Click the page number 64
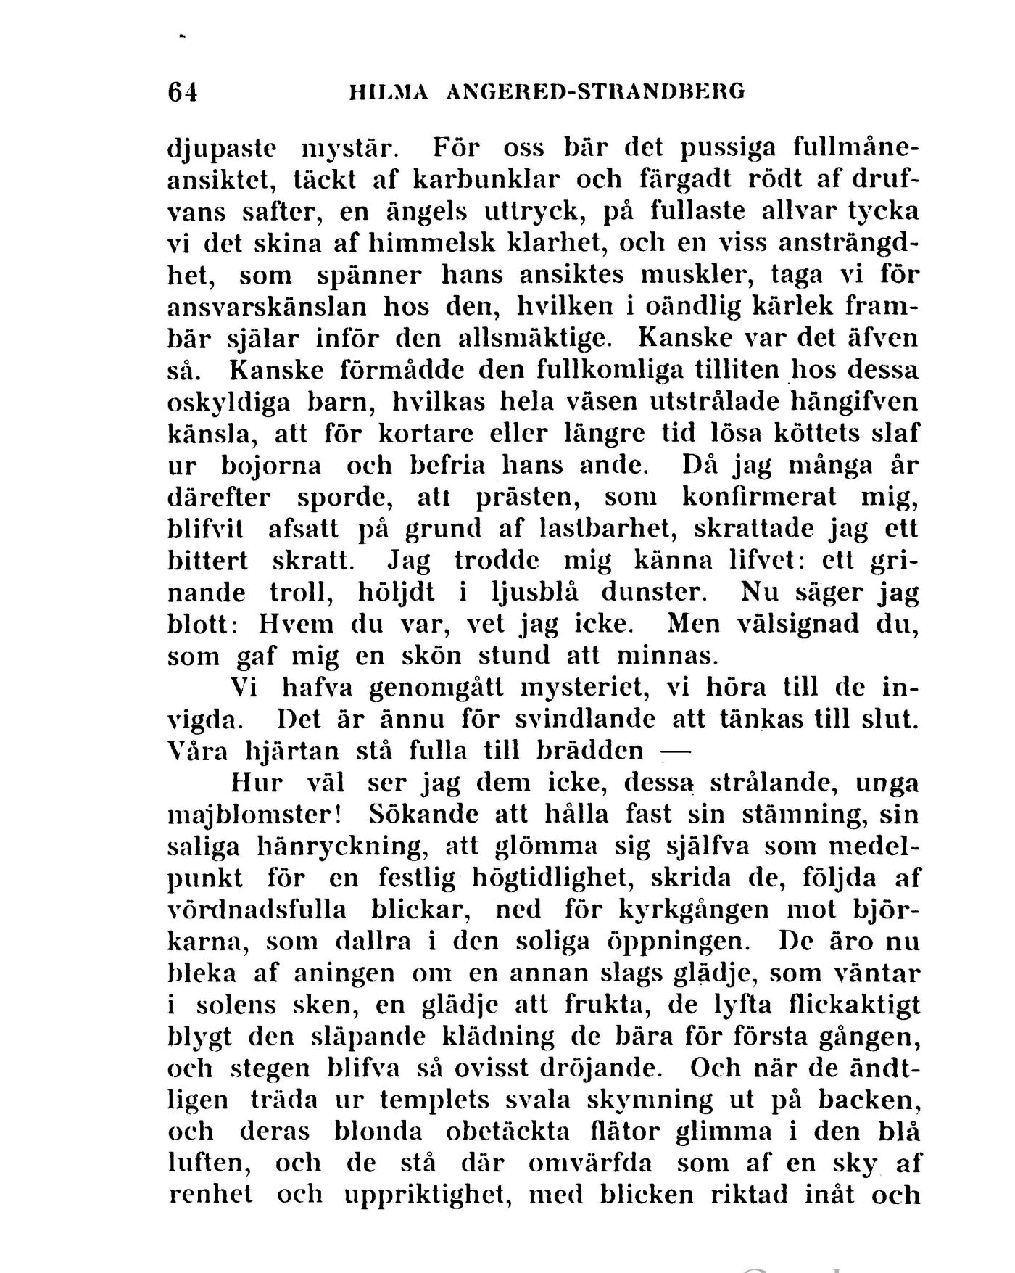pyautogui.click(x=182, y=93)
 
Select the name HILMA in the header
pyautogui.click(x=388, y=93)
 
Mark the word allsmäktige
pyautogui.click(x=540, y=339)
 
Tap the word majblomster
pyautogui.click(x=254, y=815)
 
